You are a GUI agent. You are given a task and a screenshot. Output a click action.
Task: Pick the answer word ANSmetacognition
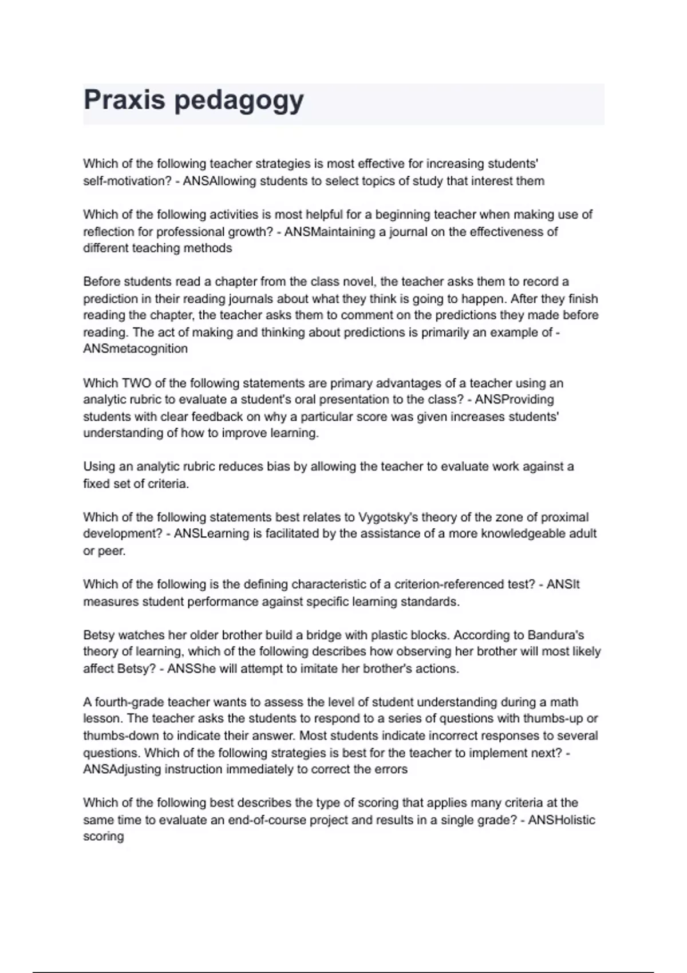[135, 349]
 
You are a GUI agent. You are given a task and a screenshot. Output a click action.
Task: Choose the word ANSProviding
[514, 400]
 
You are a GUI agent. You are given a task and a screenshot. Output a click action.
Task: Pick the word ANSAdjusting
[121, 770]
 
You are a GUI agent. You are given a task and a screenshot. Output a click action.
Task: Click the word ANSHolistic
[561, 820]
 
